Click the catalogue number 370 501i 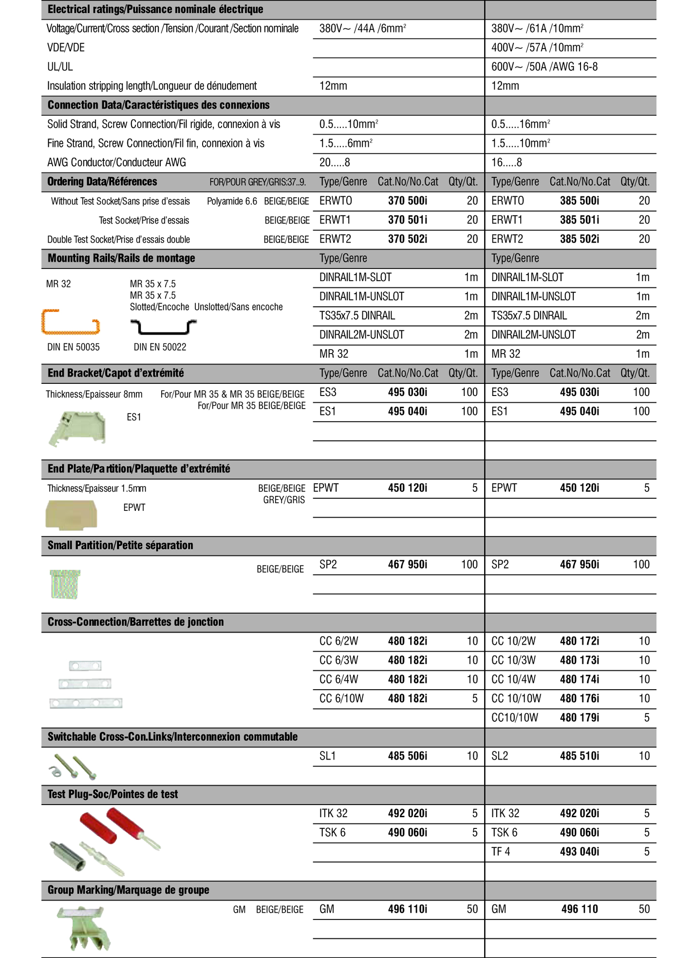tap(407, 220)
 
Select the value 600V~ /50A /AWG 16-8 tap(544, 67)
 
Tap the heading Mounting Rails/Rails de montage tap(121, 258)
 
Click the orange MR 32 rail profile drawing tap(71, 322)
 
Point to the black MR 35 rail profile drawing tap(164, 327)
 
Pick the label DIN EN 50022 tap(160, 347)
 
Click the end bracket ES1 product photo tap(77, 428)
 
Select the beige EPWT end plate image tap(71, 514)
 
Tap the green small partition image tap(65, 584)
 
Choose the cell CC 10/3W tap(513, 660)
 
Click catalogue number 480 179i tap(579, 718)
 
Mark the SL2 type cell tap(500, 756)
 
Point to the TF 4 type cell tap(501, 852)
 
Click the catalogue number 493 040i tap(579, 852)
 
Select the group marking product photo tap(83, 928)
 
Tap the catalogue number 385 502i tap(579, 239)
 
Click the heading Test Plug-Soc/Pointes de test tap(113, 794)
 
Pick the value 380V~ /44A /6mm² tap(363, 29)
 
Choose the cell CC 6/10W tap(341, 698)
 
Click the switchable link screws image tap(74, 766)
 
